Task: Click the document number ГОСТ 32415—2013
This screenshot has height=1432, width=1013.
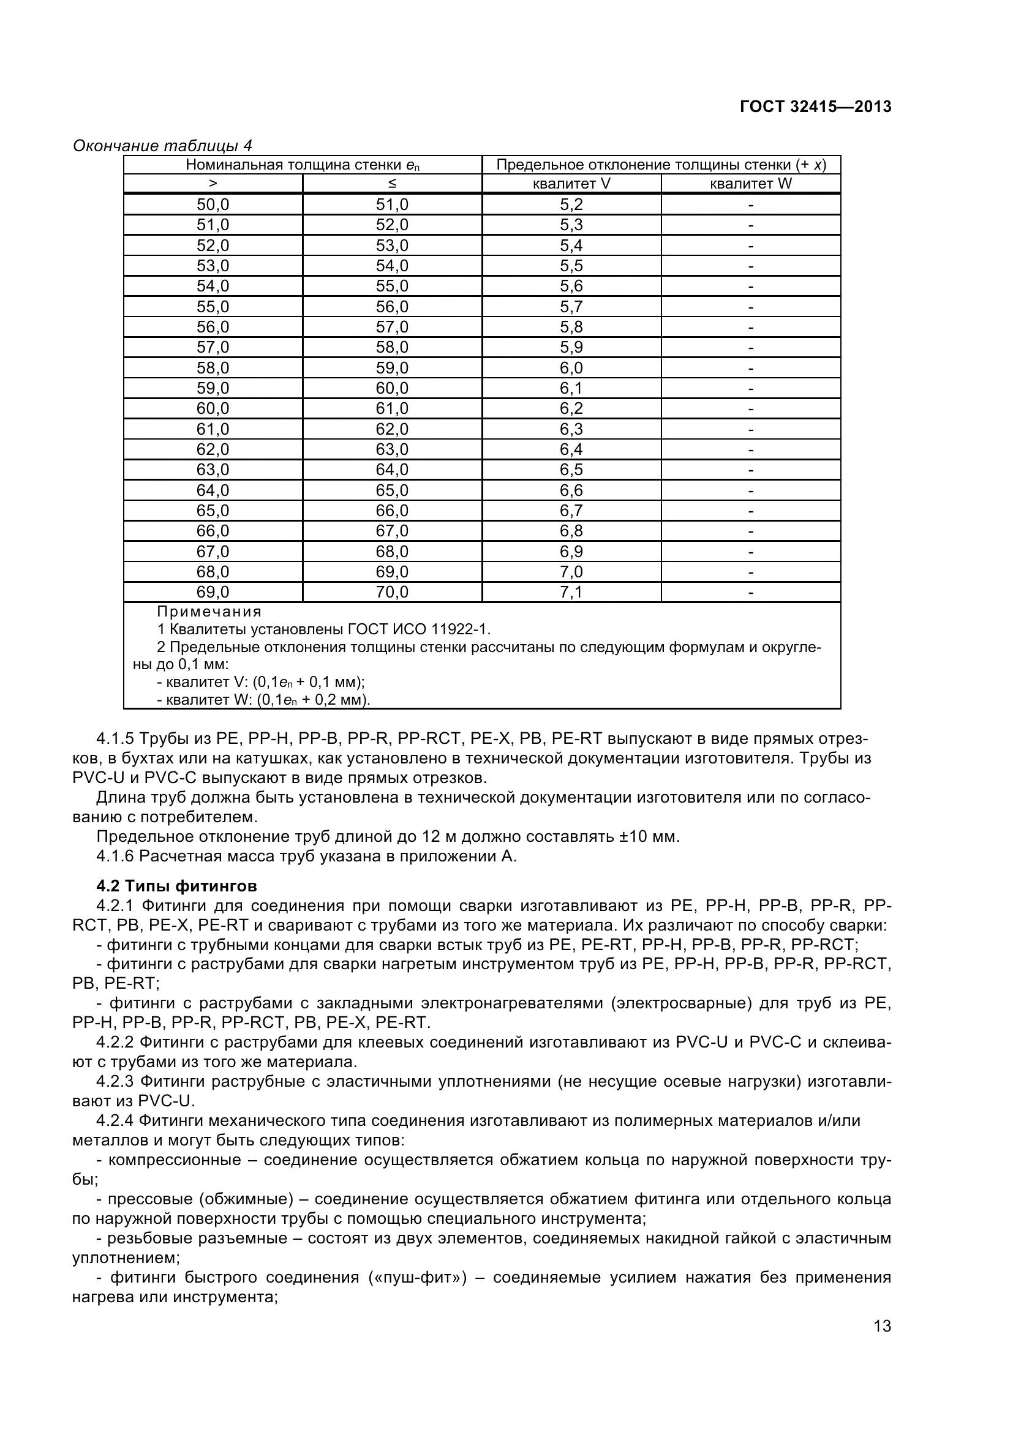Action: coord(815,107)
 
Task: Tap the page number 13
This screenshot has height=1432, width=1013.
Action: coord(882,1343)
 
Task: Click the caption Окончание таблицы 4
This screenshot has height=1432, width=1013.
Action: coord(162,146)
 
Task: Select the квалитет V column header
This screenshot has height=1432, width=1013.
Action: coord(571,184)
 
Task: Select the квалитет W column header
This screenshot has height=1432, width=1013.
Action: coord(750,184)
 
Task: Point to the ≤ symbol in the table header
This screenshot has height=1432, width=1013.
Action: coord(392,184)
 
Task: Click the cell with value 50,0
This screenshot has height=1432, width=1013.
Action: coord(213,204)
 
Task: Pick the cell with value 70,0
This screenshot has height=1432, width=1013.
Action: coord(392,592)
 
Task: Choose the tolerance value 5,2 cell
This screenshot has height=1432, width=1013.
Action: coord(571,204)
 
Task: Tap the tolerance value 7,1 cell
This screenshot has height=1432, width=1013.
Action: coord(571,592)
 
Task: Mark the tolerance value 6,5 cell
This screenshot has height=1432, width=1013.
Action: coord(571,469)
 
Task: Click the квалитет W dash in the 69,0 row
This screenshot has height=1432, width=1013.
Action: coord(750,592)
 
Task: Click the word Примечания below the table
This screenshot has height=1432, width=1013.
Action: coord(209,611)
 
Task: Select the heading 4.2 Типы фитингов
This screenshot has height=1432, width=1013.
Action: coord(176,886)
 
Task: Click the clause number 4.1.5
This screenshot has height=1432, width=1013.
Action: coord(115,739)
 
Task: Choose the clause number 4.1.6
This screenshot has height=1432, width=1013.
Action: coord(115,856)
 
